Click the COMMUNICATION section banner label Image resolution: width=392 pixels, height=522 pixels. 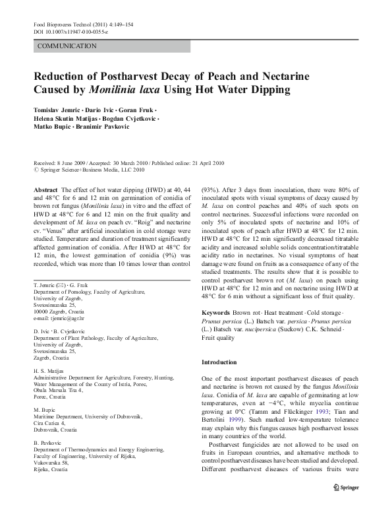pos(68,46)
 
